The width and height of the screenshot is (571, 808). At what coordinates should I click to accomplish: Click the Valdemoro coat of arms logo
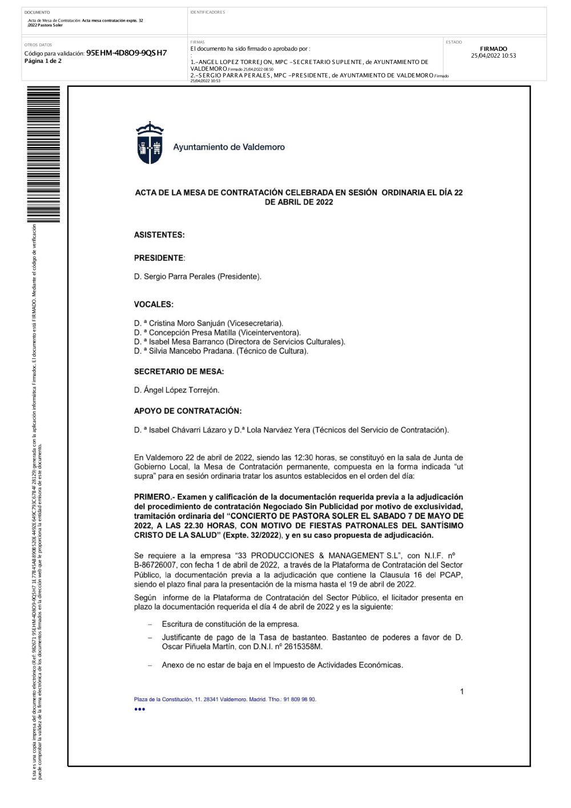click(149, 143)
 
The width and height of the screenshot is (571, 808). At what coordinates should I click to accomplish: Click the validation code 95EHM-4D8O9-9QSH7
click(126, 53)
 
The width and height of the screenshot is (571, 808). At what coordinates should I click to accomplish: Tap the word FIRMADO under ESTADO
click(493, 49)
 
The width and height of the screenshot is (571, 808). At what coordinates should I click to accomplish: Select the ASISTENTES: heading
click(159, 235)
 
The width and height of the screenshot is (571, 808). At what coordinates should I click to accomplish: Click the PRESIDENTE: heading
click(159, 258)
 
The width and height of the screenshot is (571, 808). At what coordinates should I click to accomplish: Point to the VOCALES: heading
click(154, 305)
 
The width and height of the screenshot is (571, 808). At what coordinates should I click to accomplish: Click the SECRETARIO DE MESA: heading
click(179, 371)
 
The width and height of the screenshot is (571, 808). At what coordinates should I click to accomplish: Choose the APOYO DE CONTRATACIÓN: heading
click(187, 411)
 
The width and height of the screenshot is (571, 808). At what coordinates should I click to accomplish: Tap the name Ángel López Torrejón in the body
click(182, 390)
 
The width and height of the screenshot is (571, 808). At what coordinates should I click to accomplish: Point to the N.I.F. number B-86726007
click(155, 565)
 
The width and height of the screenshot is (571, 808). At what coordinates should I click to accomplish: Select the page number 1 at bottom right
click(462, 691)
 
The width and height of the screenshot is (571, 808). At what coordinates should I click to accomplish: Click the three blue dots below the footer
click(140, 709)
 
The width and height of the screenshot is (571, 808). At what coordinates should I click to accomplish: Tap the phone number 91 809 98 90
click(299, 699)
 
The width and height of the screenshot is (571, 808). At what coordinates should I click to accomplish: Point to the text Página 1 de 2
click(43, 61)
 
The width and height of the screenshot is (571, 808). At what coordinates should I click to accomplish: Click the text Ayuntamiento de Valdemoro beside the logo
click(229, 147)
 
